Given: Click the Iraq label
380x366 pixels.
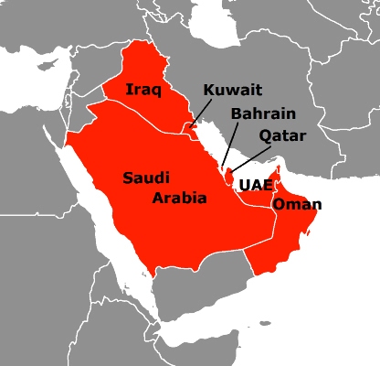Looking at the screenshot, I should [x=142, y=91].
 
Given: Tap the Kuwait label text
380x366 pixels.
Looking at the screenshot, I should [x=232, y=90].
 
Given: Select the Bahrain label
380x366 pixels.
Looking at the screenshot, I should [x=263, y=113].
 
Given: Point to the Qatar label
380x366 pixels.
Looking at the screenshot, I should [x=278, y=135].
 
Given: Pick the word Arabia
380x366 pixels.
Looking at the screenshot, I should [x=179, y=197].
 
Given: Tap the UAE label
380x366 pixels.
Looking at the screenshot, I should [x=253, y=185].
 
